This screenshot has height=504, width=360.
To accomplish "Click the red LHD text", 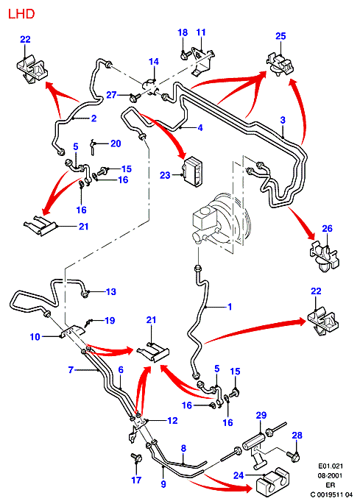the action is (x=21, y=14).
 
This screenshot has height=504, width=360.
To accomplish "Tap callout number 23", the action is (x=165, y=175).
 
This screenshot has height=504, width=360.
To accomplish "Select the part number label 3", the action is (x=283, y=120).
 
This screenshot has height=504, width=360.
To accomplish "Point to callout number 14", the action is (x=154, y=61).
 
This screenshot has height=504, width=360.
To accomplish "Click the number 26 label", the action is (x=327, y=229).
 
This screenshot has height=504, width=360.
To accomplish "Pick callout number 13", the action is (x=111, y=292).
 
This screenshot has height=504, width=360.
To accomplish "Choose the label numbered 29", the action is (x=261, y=415).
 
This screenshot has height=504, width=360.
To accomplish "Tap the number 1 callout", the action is (x=230, y=307).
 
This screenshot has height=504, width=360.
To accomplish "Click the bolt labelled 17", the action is (x=136, y=458).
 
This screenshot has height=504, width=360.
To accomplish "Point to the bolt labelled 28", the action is (x=294, y=455).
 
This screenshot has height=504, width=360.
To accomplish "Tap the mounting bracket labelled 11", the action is (x=202, y=61).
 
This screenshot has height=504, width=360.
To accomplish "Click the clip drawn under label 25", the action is (x=280, y=64).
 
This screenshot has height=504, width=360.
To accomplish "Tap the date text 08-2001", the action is (x=331, y=475).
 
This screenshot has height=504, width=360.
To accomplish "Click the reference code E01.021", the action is (x=331, y=466).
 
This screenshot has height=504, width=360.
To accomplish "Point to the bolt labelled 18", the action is (x=185, y=55).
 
